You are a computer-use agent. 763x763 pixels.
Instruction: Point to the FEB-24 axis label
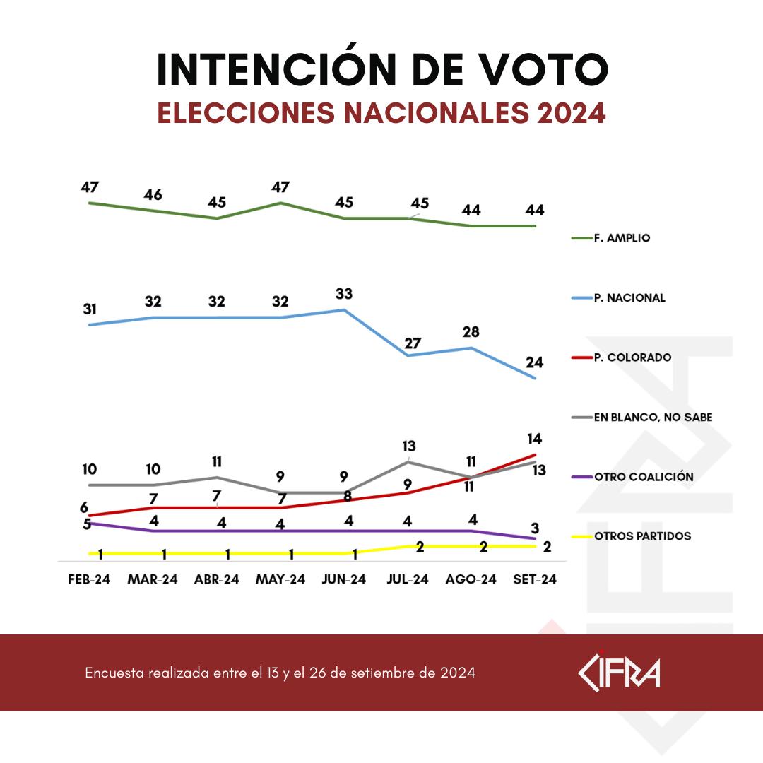coord(90,579)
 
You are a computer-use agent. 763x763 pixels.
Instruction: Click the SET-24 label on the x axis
coord(536,579)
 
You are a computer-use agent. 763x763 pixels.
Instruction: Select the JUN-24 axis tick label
coord(344,579)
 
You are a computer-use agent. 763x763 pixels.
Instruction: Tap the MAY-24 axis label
coord(280,579)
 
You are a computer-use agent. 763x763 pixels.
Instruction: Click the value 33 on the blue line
coord(344,293)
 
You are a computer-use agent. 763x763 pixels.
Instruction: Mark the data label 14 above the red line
coord(534,439)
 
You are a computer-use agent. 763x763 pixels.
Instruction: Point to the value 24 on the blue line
coord(534,362)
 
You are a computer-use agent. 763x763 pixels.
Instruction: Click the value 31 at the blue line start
coord(90,309)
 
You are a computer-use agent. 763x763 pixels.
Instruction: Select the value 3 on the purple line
coord(535,526)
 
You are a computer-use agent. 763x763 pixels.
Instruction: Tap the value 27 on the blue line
coord(413,343)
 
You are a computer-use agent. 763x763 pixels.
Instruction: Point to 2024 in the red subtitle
coord(571,113)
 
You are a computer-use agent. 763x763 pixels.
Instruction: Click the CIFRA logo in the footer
coord(619,672)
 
